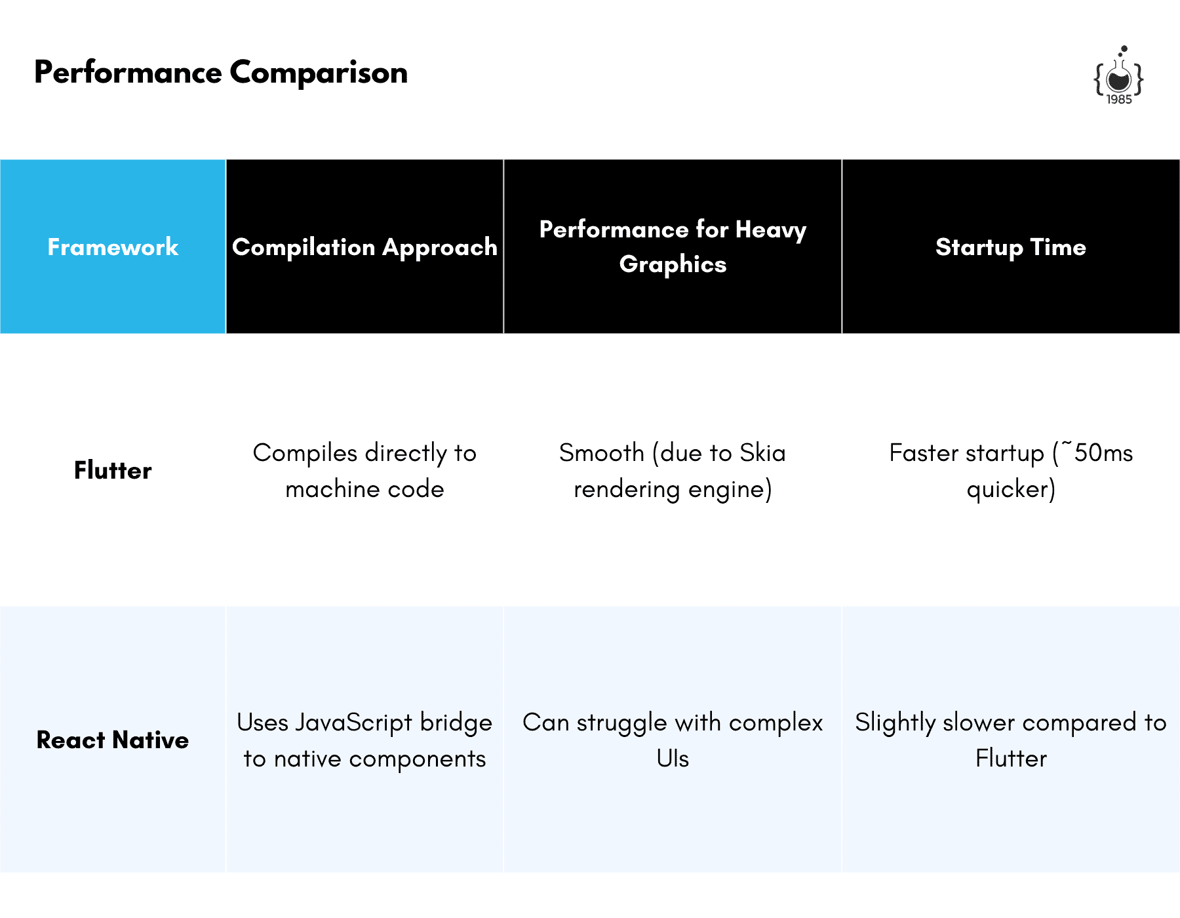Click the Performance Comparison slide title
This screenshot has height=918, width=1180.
click(x=221, y=73)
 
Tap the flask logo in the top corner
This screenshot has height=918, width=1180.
click(x=1118, y=75)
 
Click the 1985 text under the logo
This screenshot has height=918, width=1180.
click(x=1119, y=99)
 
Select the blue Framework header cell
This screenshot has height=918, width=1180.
click(x=113, y=247)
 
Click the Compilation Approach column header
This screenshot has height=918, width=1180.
click(x=364, y=247)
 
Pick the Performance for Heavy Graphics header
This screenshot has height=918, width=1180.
click(x=673, y=247)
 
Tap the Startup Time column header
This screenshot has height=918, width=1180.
click(x=1011, y=247)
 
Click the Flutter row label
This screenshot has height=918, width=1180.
click(x=113, y=470)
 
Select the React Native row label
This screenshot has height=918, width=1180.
click(x=113, y=740)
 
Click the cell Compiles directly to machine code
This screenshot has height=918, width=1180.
click(x=364, y=471)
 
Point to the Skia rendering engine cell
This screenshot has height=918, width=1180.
click(x=673, y=471)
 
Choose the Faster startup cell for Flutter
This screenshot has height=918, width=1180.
click(x=1011, y=471)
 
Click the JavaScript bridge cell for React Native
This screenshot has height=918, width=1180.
click(x=364, y=740)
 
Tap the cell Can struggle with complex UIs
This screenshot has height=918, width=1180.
click(x=673, y=740)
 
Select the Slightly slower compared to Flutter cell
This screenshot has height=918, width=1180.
click(x=1011, y=740)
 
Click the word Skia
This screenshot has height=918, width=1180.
click(x=762, y=453)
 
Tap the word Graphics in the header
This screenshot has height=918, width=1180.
click(x=673, y=264)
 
